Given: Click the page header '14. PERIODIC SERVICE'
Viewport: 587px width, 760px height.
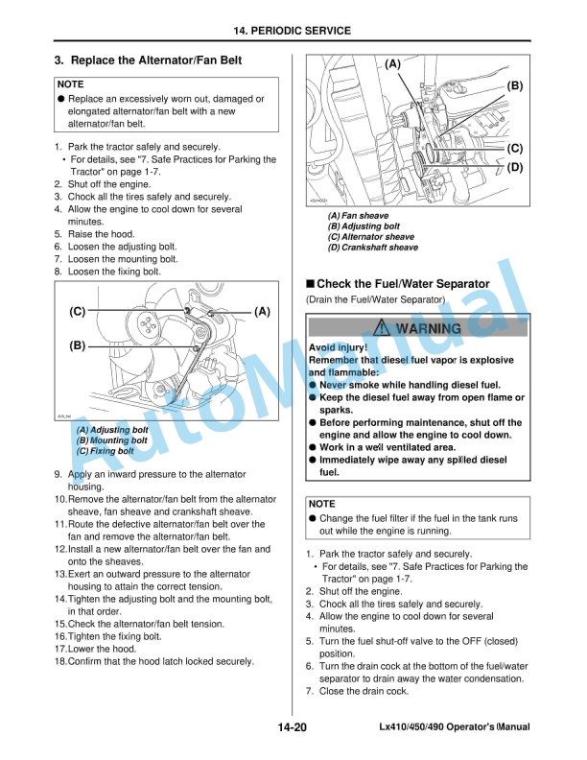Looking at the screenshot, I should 293,31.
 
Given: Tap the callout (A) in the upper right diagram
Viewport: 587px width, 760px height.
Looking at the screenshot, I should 392,64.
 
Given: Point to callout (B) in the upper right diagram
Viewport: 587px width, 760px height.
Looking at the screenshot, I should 514,85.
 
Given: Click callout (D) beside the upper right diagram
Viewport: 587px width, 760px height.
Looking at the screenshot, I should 514,168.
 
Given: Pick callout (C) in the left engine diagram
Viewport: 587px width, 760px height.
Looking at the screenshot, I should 78,312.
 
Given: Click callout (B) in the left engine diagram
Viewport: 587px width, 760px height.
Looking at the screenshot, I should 78,344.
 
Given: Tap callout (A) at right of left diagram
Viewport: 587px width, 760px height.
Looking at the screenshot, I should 262,312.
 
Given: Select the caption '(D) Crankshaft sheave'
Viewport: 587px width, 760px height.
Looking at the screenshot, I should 373,248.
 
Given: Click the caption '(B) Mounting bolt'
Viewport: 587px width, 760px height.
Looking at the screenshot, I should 112,440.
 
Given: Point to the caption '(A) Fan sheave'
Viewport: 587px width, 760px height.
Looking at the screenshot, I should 358,216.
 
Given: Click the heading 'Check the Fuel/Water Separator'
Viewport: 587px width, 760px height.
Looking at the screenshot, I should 403,284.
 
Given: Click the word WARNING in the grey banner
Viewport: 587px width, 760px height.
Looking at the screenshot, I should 428,328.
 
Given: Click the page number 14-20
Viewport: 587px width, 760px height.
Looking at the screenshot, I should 293,729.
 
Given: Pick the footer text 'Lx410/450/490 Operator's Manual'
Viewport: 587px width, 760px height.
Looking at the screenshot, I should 455,729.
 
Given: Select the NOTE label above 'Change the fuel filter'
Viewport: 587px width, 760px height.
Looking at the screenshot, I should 322,503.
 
